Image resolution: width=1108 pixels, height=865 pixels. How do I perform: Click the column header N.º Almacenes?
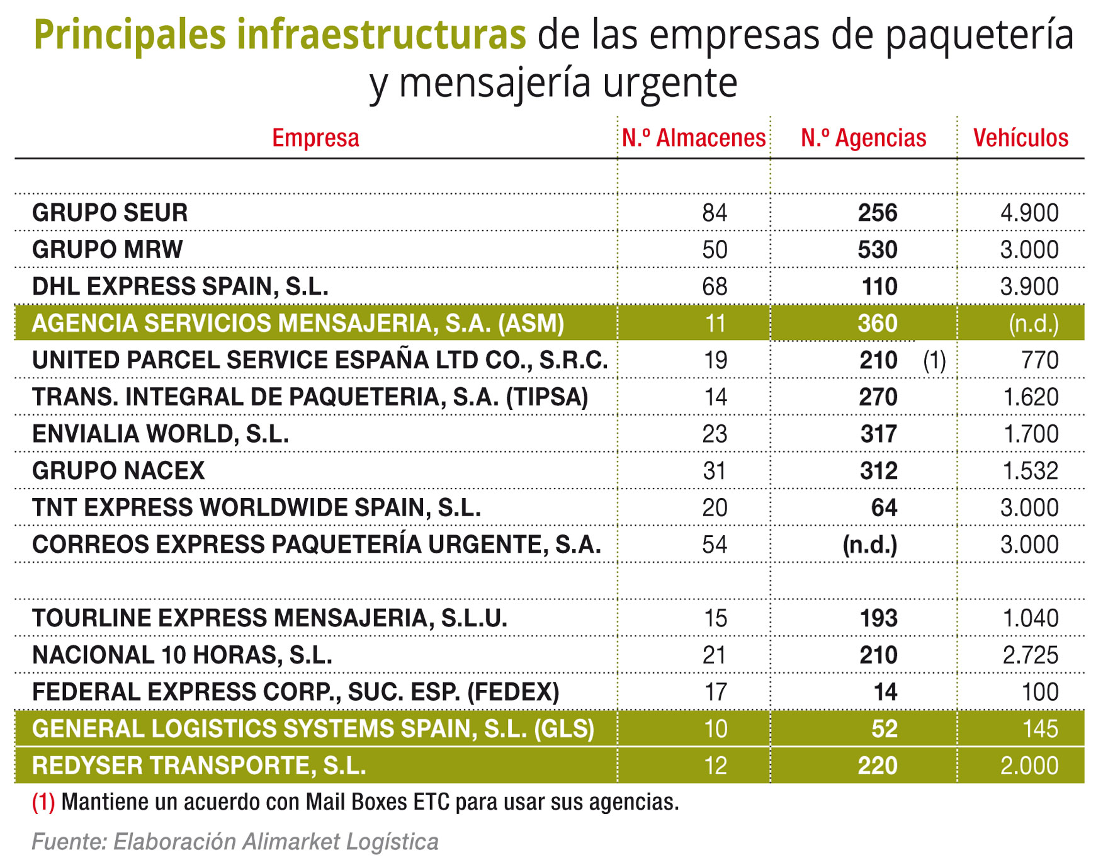[693, 138]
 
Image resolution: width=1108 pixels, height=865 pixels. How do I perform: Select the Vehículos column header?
[1020, 138]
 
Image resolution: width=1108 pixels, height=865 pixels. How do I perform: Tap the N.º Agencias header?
[863, 138]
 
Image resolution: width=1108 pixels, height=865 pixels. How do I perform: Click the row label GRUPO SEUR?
[110, 213]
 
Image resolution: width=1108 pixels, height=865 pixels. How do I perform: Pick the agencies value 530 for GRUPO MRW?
[878, 250]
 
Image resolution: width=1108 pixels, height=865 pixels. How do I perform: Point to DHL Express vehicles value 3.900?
[1029, 287]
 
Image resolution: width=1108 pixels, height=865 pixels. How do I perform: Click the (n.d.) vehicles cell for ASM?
[1033, 324]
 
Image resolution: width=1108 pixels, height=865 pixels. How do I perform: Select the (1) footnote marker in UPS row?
[934, 361]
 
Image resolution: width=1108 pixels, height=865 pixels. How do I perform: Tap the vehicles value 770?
[1040, 361]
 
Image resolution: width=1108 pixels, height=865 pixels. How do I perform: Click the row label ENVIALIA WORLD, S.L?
[160, 434]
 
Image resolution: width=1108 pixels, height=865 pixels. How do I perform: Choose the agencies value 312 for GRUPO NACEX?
[879, 471]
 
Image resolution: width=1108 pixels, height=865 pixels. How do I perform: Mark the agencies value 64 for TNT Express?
[884, 508]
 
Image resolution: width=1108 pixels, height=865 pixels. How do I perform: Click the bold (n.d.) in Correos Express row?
[870, 545]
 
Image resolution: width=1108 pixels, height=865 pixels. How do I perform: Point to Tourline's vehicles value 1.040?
[1031, 618]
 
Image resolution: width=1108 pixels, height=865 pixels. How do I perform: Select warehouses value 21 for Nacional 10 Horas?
[715, 655]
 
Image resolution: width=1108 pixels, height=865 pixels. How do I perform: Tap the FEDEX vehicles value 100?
[1040, 693]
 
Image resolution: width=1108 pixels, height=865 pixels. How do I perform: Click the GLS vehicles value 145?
[1040, 729]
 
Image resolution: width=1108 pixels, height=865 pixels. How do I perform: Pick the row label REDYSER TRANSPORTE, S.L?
[199, 766]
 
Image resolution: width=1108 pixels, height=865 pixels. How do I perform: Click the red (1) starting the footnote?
[43, 803]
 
